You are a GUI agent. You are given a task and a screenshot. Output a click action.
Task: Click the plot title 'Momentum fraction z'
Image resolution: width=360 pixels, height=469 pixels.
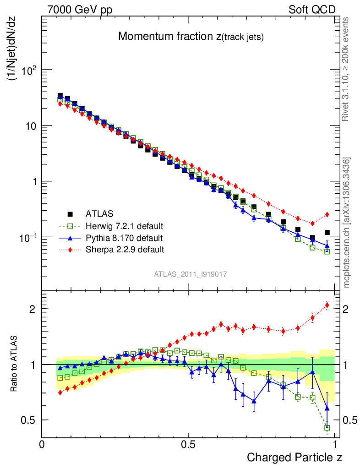(191, 37)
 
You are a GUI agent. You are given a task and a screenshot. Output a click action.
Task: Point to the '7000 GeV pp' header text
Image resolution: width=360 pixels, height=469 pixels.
(80, 10)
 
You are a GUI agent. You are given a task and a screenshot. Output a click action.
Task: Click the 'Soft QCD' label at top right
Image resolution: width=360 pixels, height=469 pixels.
(312, 10)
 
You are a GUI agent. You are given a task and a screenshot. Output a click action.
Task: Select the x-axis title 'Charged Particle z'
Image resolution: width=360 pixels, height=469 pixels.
(294, 457)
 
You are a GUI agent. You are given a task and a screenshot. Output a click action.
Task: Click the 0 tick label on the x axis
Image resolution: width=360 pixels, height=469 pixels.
(42, 444)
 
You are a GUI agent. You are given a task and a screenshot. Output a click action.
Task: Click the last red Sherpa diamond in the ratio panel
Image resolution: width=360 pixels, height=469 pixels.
(327, 305)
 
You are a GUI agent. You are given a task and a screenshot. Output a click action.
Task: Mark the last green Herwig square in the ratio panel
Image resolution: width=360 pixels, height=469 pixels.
(327, 428)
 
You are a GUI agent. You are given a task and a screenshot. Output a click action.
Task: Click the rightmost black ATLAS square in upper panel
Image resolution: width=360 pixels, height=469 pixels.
(327, 233)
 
